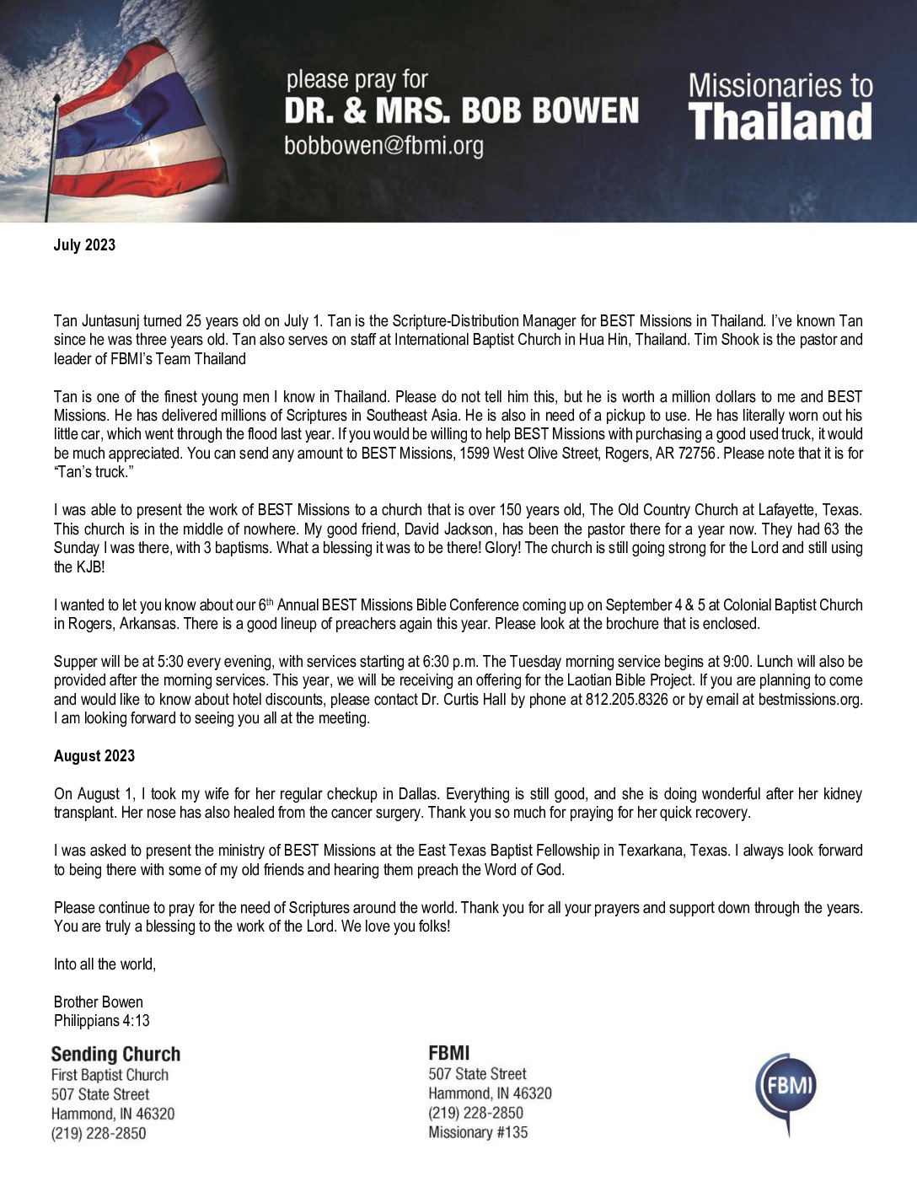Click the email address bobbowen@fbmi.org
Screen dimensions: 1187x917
[383, 146]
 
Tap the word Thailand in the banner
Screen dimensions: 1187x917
[780, 121]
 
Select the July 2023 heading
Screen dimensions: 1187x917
[84, 245]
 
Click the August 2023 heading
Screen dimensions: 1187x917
[94, 756]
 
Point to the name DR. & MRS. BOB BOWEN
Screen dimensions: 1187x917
[461, 111]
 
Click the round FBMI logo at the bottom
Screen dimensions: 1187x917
[786, 1091]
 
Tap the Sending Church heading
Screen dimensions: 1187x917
[115, 1054]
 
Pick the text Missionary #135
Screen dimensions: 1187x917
[478, 1132]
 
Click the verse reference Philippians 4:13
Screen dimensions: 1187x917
[101, 1021]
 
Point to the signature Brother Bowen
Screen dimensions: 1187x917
[98, 1002]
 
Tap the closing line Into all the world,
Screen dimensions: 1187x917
[105, 964]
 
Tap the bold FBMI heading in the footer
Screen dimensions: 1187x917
[449, 1053]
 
